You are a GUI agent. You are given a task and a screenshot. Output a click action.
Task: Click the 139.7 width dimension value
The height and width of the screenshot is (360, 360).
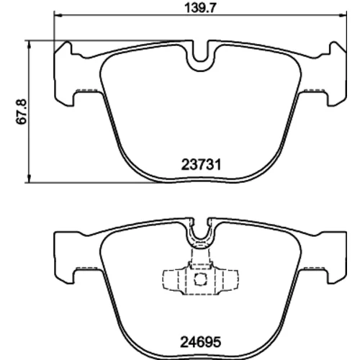click(200, 9)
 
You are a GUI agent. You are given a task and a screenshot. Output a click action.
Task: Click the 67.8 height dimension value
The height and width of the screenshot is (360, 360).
click(22, 112)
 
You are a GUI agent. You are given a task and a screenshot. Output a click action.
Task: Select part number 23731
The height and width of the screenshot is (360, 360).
click(201, 165)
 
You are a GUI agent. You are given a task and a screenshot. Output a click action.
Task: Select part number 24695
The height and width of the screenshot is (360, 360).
click(200, 342)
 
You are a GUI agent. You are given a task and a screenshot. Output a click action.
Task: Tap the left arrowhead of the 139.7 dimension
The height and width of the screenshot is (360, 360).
click(58, 15)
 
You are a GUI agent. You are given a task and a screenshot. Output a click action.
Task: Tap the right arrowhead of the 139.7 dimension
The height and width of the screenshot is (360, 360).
click(343, 15)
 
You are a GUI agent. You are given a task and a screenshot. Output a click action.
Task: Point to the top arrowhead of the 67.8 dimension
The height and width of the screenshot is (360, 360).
click(29, 45)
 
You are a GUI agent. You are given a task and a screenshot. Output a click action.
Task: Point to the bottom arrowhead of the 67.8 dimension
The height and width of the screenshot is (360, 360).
click(29, 179)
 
